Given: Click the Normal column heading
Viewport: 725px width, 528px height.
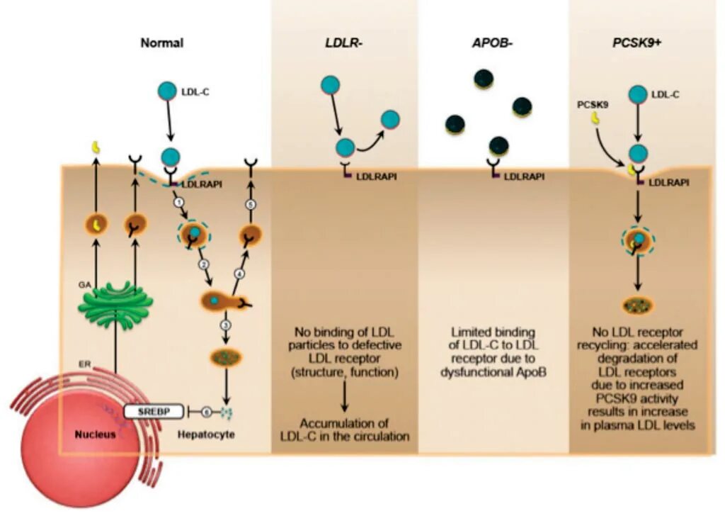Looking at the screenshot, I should (x=161, y=43).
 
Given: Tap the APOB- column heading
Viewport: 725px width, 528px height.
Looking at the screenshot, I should (x=493, y=43).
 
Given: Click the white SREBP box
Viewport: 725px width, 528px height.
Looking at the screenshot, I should (x=149, y=410).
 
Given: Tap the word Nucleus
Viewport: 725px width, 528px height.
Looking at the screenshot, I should (x=94, y=434).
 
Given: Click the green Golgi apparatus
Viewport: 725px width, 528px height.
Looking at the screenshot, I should (x=115, y=305).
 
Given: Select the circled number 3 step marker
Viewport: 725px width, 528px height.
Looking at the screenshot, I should (x=225, y=325).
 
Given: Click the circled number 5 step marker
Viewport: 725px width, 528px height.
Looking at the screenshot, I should (x=249, y=205).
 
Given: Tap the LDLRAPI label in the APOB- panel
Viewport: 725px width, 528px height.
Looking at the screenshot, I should (x=524, y=176).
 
